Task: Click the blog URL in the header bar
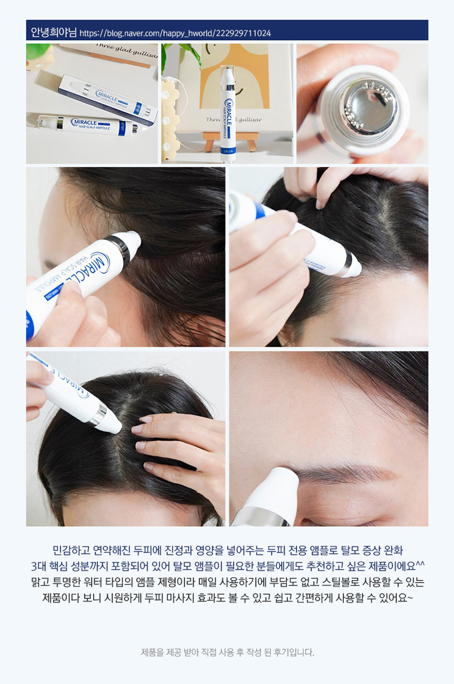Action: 175,33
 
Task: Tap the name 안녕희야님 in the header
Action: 54,33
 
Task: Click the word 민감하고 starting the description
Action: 70,550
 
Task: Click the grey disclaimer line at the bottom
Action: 227,653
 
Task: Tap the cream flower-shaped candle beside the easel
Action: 171,118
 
